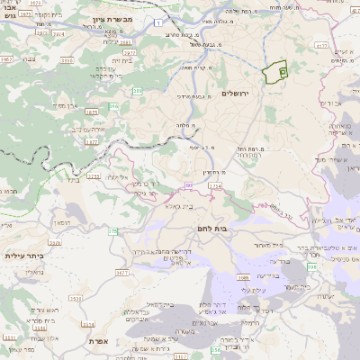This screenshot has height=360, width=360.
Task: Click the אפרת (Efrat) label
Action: (x=99, y=341)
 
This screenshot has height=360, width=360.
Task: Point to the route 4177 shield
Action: (x=322, y=43)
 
